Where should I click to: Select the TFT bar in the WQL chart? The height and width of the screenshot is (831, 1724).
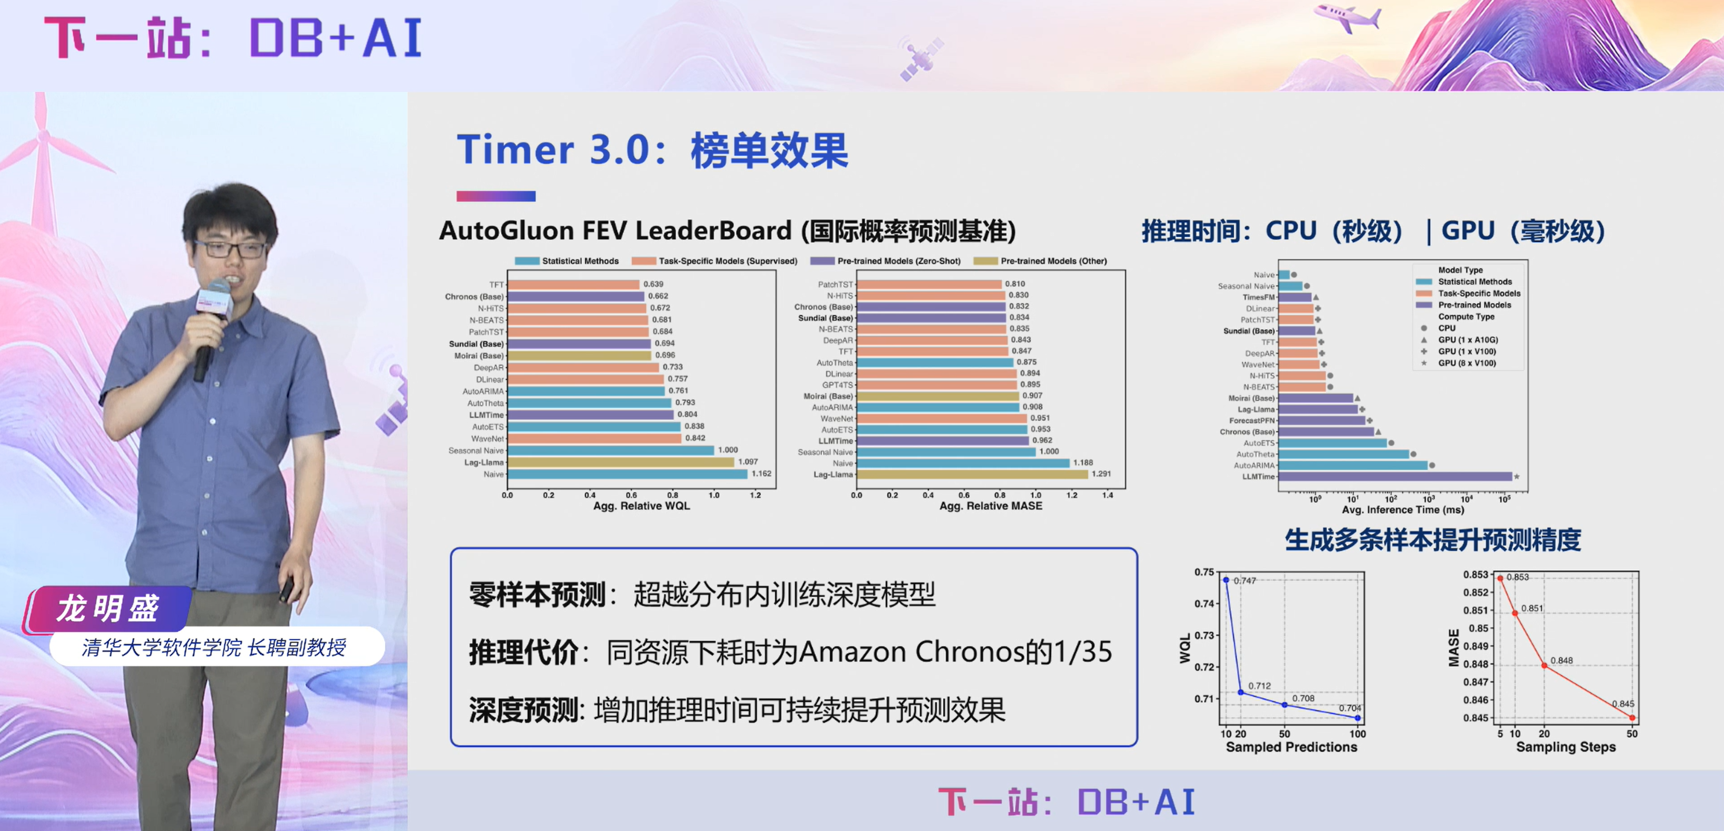[x=574, y=284]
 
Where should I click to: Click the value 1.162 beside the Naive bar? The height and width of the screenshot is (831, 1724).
[x=761, y=474]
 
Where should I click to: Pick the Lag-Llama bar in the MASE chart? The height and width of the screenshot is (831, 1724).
[x=972, y=474]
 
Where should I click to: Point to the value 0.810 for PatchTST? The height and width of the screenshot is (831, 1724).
[x=1014, y=284]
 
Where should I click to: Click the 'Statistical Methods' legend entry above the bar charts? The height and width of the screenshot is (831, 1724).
[x=580, y=261]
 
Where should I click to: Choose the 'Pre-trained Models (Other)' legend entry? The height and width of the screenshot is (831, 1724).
[x=1053, y=261]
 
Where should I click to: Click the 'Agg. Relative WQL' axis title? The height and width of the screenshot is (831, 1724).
[x=641, y=507]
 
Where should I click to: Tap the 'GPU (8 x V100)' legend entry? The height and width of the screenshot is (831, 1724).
[x=1467, y=363]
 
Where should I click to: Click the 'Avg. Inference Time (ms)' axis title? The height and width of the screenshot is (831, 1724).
[x=1403, y=510]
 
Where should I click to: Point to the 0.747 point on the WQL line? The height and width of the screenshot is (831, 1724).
[x=1226, y=580]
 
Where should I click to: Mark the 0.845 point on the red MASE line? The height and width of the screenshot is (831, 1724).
[x=1632, y=717]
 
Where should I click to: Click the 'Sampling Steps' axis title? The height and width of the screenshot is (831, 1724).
[x=1565, y=747]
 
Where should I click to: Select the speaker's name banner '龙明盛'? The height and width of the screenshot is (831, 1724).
[x=108, y=608]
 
